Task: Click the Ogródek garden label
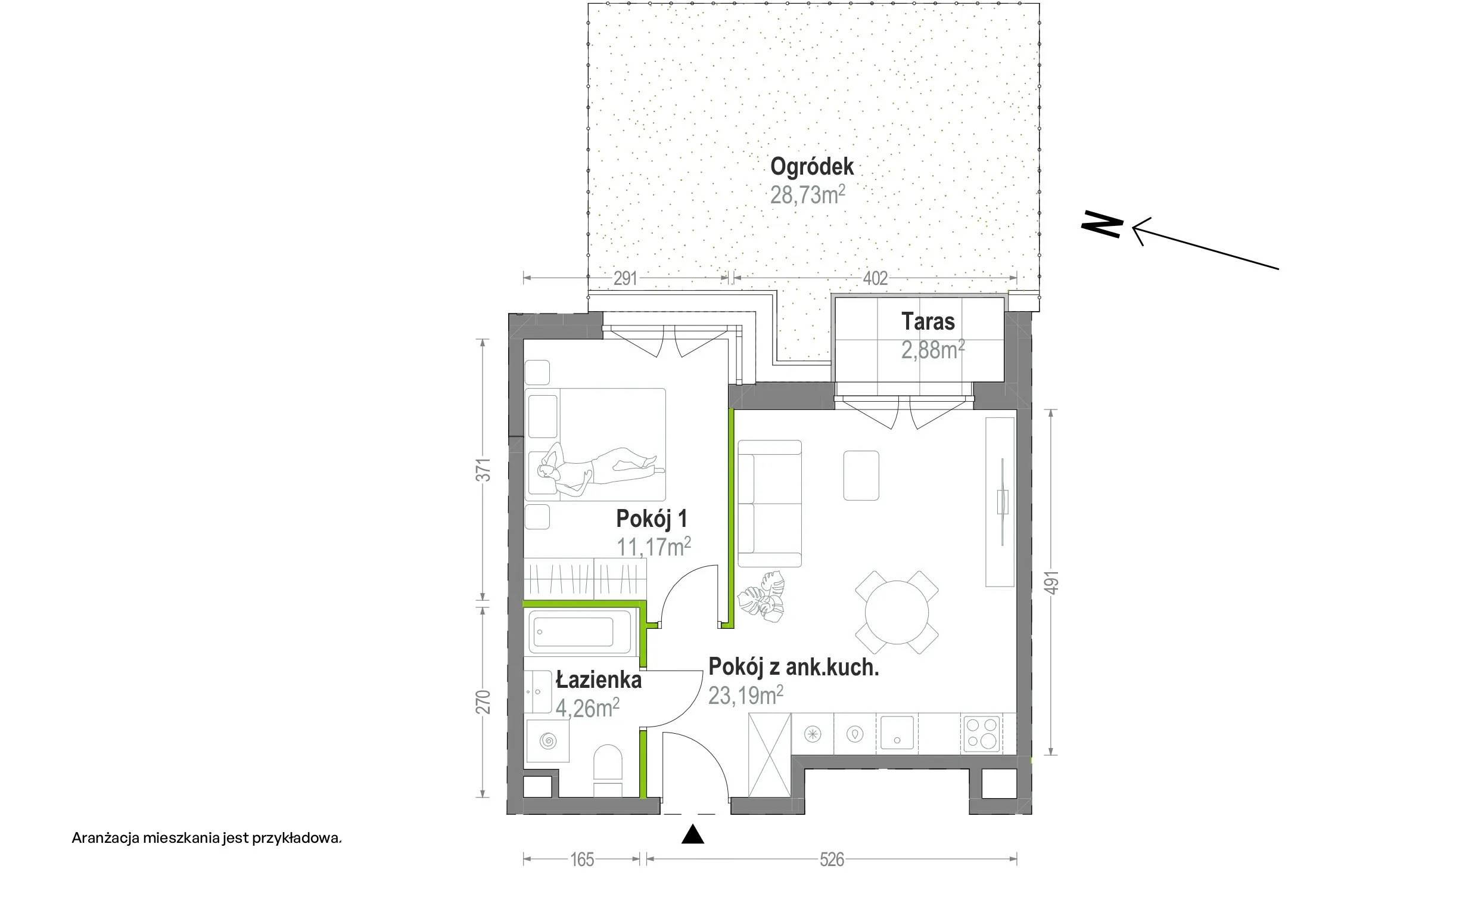(811, 167)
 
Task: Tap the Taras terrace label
(928, 322)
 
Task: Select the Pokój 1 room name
(651, 519)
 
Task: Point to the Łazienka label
(598, 680)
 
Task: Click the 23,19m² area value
(746, 696)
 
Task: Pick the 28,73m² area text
(807, 195)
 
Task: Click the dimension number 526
(832, 860)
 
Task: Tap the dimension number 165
(582, 860)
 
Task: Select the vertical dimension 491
(1051, 582)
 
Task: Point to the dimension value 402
(875, 278)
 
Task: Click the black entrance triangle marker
(692, 834)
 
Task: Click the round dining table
(897, 613)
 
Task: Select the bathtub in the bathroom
(581, 631)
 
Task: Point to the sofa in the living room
(770, 504)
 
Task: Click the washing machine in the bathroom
(547, 741)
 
